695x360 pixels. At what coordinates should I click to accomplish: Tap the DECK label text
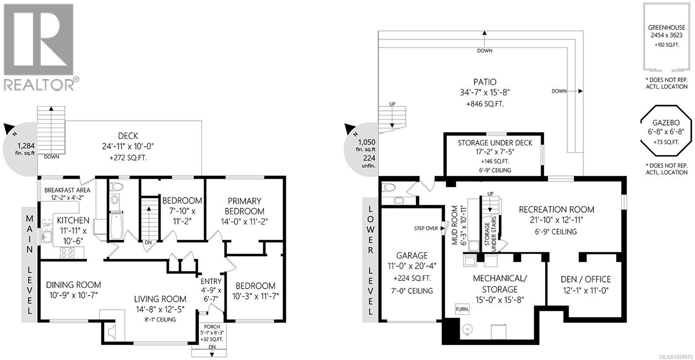128,136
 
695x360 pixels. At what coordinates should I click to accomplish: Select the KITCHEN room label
73,221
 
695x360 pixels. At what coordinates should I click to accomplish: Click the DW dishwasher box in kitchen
47,224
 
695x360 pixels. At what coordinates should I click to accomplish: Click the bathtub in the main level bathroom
116,225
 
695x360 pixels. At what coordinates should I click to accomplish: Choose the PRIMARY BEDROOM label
244,206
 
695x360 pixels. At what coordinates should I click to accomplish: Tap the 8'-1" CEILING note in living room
160,320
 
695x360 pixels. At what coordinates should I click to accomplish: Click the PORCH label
212,327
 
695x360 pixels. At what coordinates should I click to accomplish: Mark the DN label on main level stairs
148,242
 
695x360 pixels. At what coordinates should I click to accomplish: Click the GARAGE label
412,255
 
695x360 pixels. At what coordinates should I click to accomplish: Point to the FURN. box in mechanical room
462,310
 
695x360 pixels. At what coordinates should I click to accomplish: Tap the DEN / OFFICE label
586,279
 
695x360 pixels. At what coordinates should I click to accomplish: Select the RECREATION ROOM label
556,209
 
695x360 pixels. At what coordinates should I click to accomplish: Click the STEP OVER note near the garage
426,228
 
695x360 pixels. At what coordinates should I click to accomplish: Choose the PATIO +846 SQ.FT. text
485,104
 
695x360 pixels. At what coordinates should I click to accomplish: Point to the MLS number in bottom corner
675,357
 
